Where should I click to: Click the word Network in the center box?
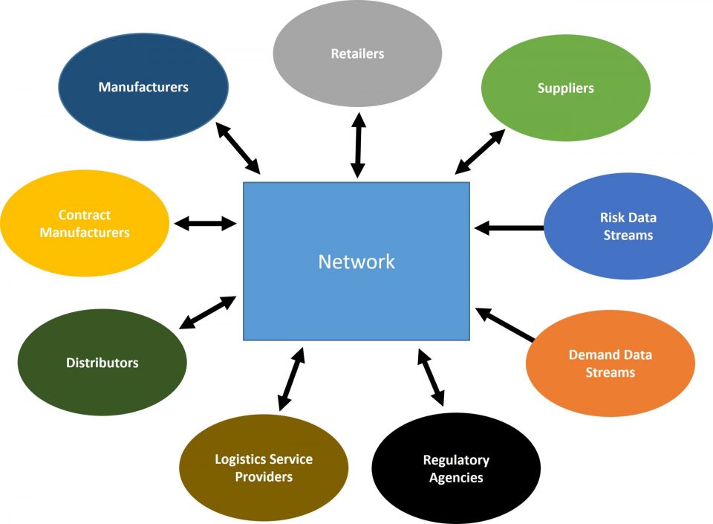[x=356, y=262]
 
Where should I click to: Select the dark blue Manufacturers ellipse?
[x=143, y=87]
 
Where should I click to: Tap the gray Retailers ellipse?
[x=357, y=53]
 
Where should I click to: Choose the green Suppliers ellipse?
[x=566, y=88]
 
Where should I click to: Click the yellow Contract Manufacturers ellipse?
[x=84, y=224]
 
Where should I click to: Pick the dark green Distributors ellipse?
[x=102, y=363]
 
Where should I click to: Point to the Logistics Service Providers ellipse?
[x=264, y=468]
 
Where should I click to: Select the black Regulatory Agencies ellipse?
[x=456, y=469]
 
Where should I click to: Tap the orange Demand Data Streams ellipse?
[x=611, y=363]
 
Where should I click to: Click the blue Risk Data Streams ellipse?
[x=628, y=226]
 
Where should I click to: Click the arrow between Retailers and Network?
[x=358, y=144]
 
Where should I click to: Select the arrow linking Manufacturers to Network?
[x=238, y=149]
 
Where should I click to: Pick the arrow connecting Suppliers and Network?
[x=480, y=152]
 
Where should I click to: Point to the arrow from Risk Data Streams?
[x=509, y=227]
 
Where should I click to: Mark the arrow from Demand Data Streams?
[x=505, y=325]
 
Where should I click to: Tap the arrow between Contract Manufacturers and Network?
[x=205, y=222]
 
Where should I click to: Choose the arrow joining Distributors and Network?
[x=209, y=312]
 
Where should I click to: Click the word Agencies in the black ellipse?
[x=456, y=478]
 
